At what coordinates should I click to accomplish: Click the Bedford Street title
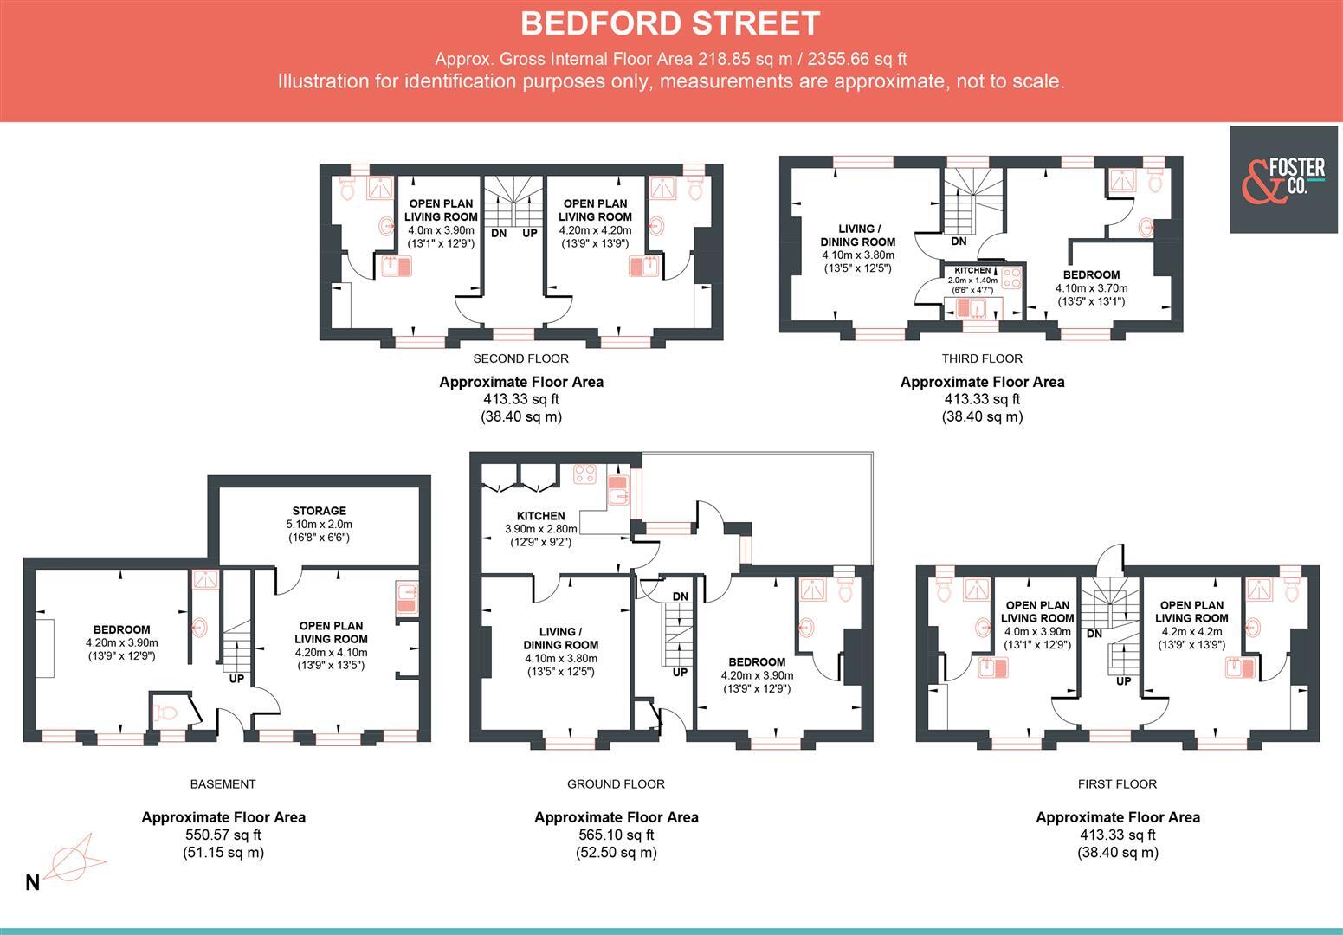click(x=670, y=23)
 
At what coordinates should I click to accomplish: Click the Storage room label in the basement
click(x=319, y=511)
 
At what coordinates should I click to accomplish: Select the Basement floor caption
click(x=223, y=784)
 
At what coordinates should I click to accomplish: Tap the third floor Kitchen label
click(x=972, y=270)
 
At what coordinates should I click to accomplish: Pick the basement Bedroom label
click(x=122, y=629)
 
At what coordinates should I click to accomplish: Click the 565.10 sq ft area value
click(x=616, y=835)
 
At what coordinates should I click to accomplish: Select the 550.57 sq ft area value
click(x=223, y=835)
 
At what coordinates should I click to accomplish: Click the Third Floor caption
click(x=982, y=358)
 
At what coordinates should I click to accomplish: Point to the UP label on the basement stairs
click(x=236, y=679)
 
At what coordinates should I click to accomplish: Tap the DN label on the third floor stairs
click(x=958, y=242)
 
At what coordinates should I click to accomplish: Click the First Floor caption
click(x=1117, y=784)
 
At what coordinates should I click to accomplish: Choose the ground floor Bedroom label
click(x=755, y=661)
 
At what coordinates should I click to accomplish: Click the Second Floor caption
click(x=520, y=358)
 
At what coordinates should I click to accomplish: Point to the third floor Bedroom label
click(x=1091, y=274)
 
